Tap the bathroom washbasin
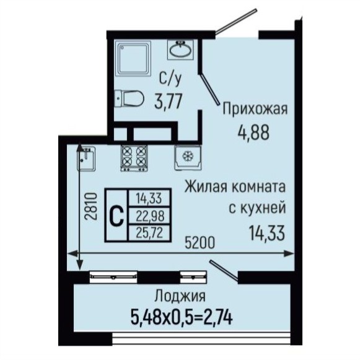(x=180, y=50)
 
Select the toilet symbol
(x=129, y=99)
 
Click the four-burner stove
(x=134, y=158)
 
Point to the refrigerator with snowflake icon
(x=188, y=157)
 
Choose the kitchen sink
(x=86, y=159)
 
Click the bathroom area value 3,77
(x=169, y=101)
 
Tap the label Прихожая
(x=255, y=109)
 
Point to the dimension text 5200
(x=200, y=243)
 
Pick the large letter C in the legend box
(x=116, y=215)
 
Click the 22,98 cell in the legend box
(x=150, y=216)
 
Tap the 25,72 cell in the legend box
(x=149, y=233)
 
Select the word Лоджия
(x=180, y=296)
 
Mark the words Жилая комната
(x=235, y=187)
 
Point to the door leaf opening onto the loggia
(x=224, y=271)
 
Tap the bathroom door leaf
(x=209, y=89)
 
